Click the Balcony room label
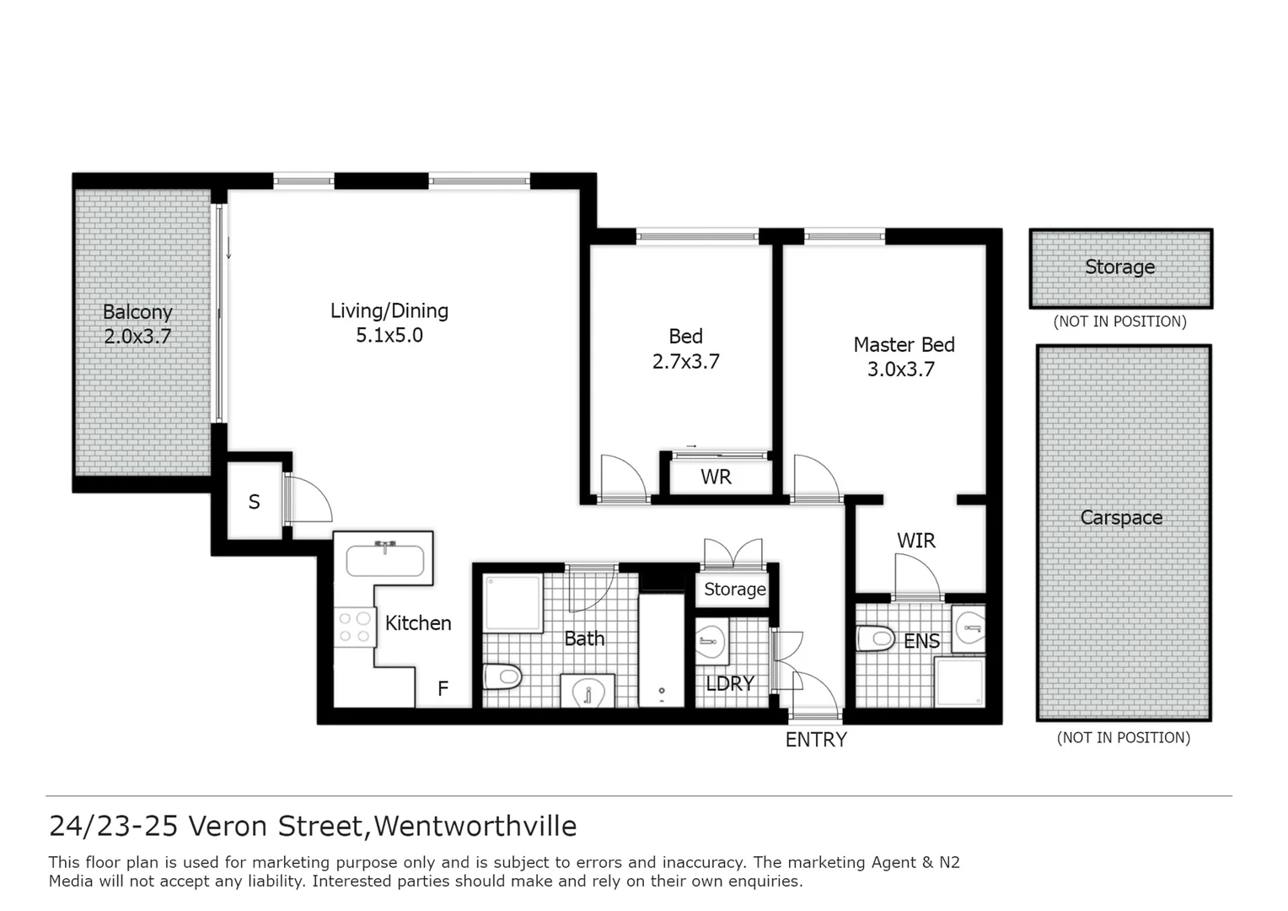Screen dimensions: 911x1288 pos(137,312)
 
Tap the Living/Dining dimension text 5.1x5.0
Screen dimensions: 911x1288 pos(389,336)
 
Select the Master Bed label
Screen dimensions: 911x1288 pos(904,345)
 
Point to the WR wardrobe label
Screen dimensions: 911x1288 pos(716,477)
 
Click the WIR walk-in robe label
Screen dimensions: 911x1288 pos(915,541)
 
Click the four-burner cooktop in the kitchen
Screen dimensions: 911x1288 pos(355,627)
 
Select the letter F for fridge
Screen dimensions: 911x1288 pos(443,689)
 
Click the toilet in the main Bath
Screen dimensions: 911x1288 pos(503,676)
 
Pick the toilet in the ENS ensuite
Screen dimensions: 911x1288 pos(876,638)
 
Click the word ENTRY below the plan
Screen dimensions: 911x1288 pos(815,740)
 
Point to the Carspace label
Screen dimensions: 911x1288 pos(1121,518)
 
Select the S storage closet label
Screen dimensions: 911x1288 pos(254,503)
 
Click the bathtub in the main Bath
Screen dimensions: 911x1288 pos(662,650)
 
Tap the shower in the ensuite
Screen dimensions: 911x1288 pos(959,681)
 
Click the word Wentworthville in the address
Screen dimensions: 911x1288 pos(475,826)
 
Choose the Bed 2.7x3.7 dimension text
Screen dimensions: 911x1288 pos(685,362)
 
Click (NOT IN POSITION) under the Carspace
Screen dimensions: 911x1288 pos(1123,738)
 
